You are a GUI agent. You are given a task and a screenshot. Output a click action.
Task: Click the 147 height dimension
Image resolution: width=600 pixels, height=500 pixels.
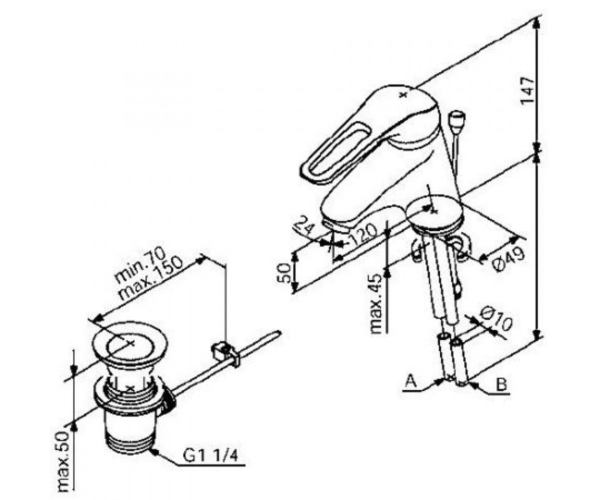coord(528,90)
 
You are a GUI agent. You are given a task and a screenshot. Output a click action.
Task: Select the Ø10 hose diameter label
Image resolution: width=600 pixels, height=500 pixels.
coord(496,320)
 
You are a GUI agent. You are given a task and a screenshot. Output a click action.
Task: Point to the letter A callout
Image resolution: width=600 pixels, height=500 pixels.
coord(411,382)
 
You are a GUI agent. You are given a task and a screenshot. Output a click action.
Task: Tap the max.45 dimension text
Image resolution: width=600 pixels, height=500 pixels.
coord(377,303)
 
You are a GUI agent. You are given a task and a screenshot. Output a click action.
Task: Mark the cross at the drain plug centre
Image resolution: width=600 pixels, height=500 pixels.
coord(130,343)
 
